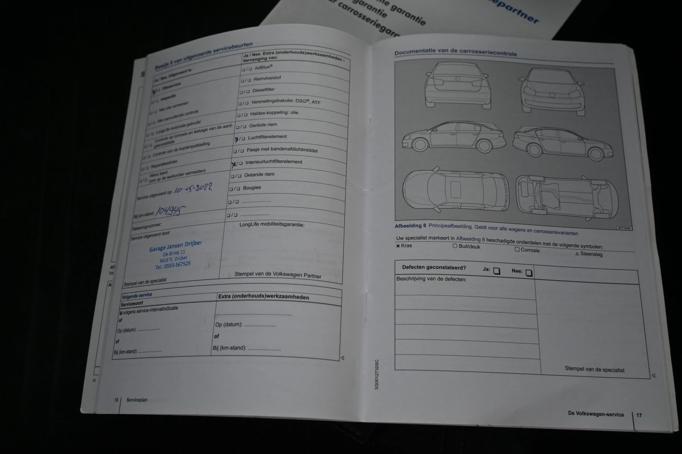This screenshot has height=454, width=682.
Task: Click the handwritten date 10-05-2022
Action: (x=194, y=189)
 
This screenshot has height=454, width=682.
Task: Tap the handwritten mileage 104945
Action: (x=171, y=211)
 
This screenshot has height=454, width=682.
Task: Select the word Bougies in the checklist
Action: (x=252, y=188)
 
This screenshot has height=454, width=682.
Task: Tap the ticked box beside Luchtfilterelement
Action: (x=237, y=139)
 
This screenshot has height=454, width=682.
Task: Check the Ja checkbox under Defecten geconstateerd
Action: (x=497, y=271)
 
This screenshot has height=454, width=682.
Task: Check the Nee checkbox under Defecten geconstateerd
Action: (x=529, y=273)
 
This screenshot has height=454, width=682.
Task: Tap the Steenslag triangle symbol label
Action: (x=589, y=254)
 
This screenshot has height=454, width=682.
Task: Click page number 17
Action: (x=639, y=415)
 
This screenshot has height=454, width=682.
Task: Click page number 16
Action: (x=116, y=400)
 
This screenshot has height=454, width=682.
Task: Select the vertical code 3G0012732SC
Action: (x=377, y=375)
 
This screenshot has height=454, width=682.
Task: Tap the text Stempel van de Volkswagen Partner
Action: (x=278, y=275)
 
